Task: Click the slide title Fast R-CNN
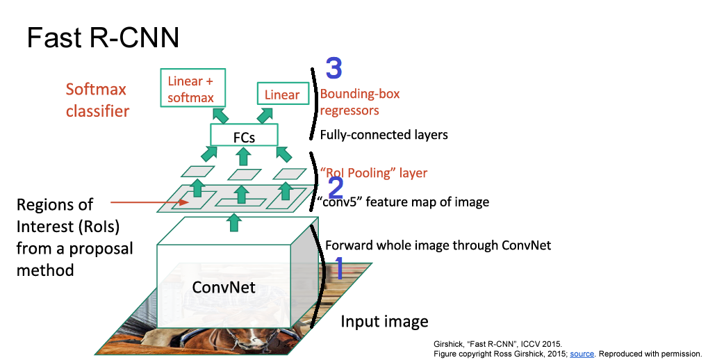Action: tap(103, 38)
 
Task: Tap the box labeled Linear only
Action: tap(281, 95)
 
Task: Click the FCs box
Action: tap(244, 137)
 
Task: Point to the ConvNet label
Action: tap(224, 286)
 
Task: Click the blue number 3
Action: tap(334, 69)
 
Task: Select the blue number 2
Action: tap(335, 188)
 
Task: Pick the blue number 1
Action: tap(339, 268)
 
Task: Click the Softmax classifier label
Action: tap(97, 100)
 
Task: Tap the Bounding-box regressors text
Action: tap(360, 102)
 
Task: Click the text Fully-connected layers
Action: tap(384, 135)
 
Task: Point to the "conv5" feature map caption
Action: tap(403, 202)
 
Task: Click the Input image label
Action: tap(384, 322)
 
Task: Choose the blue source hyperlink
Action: tap(582, 354)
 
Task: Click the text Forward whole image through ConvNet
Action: tap(438, 245)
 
